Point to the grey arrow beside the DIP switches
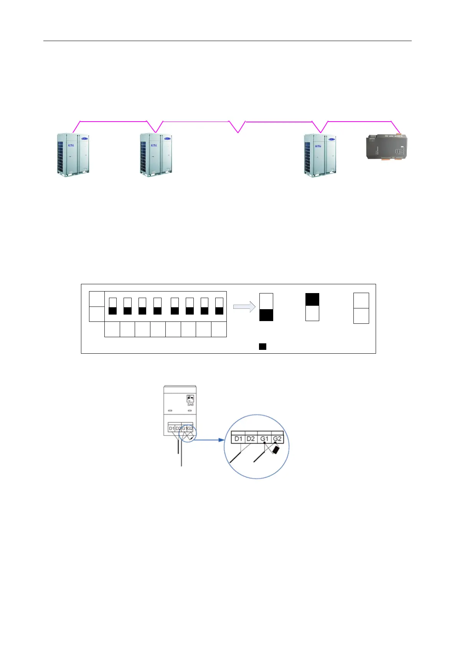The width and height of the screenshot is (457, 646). point(244,307)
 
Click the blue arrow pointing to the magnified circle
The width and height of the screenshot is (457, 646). point(209,440)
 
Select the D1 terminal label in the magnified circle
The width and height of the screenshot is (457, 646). point(238,438)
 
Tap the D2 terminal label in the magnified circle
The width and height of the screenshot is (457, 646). point(251,438)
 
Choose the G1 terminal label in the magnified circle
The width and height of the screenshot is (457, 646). point(264,438)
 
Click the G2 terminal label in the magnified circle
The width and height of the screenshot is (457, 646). point(277,438)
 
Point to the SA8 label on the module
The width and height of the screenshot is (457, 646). point(190,404)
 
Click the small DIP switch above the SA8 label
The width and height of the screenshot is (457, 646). point(190,398)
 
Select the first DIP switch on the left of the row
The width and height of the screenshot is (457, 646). point(112,306)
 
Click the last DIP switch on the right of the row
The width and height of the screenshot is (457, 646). point(219,306)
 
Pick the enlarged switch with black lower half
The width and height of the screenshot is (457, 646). point(266,307)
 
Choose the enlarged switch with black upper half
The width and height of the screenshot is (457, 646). point(312,307)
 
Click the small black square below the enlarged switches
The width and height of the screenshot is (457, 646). point(262,347)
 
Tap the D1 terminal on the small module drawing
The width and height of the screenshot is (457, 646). point(172,428)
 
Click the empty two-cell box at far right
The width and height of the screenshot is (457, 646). point(361,308)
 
